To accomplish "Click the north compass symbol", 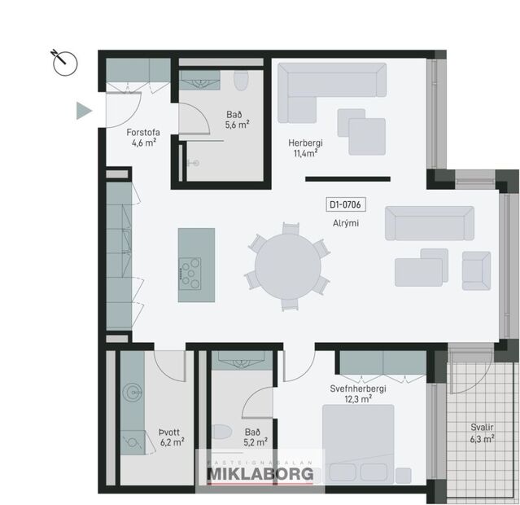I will tap(63, 62).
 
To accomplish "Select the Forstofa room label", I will tap(142, 131).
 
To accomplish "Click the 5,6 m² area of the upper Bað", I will tap(238, 125).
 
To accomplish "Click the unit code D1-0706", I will tap(346, 206).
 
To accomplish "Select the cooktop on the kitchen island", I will tap(190, 272).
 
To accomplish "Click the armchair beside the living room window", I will tap(475, 268).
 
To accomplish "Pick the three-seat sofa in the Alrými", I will tap(429, 222).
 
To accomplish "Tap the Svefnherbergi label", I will tap(358, 389).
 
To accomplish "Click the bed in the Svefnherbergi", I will tap(359, 444).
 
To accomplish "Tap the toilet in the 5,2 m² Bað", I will tap(220, 431).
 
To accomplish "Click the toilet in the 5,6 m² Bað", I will tap(240, 82).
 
